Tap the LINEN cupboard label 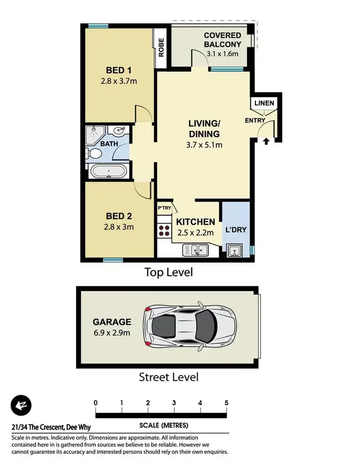pyautogui.click(x=264, y=103)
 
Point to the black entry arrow pyautogui.click(x=266, y=141)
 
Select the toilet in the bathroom pyautogui.click(x=95, y=153)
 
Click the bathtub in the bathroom pyautogui.click(x=109, y=171)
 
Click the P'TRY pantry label pyautogui.click(x=164, y=208)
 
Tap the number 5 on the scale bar pyautogui.click(x=226, y=403)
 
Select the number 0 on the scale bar pyautogui.click(x=96, y=403)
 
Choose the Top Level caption pyautogui.click(x=169, y=272)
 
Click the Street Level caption pyautogui.click(x=168, y=377)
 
